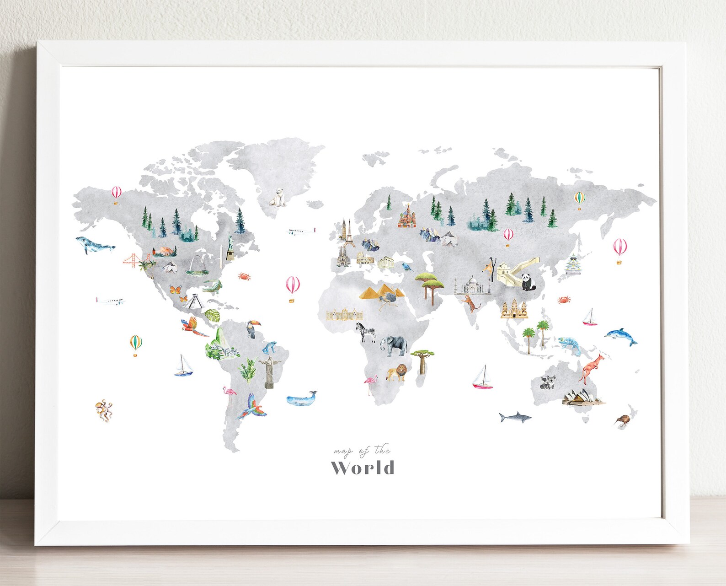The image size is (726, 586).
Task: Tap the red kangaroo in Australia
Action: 591,367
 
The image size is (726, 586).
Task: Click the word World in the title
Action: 363,468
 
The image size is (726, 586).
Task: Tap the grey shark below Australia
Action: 514,417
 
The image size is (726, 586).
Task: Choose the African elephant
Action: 393,345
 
